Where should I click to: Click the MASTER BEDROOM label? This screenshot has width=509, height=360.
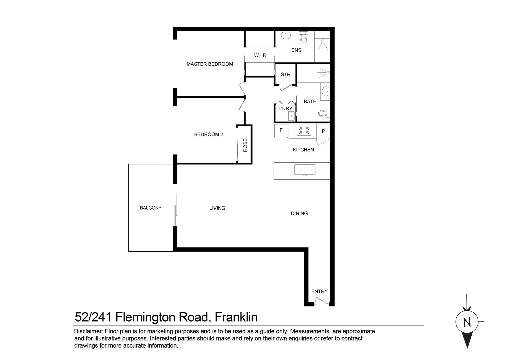click(210, 64)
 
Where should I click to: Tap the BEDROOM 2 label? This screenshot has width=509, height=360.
click(209, 135)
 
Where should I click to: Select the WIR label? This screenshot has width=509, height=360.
click(260, 55)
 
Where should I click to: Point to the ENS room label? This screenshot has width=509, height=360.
click(296, 50)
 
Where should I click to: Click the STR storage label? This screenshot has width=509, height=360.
click(286, 75)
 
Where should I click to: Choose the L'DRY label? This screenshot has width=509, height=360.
click(285, 108)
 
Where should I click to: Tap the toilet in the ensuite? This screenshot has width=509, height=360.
click(304, 37)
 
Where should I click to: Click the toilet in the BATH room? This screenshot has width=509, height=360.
click(324, 113)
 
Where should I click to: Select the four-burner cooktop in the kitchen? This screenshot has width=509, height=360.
click(304, 131)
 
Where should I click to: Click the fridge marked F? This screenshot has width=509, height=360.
click(281, 131)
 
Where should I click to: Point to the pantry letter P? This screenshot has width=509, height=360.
click(323, 131)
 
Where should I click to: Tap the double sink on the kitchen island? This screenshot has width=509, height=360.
click(305, 170)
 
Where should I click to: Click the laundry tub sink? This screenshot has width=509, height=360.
click(291, 116)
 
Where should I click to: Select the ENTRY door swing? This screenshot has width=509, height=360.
click(322, 301)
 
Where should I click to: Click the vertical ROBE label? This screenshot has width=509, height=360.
click(245, 145)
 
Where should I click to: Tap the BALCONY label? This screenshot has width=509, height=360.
click(151, 208)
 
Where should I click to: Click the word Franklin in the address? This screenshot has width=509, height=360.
click(236, 317)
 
